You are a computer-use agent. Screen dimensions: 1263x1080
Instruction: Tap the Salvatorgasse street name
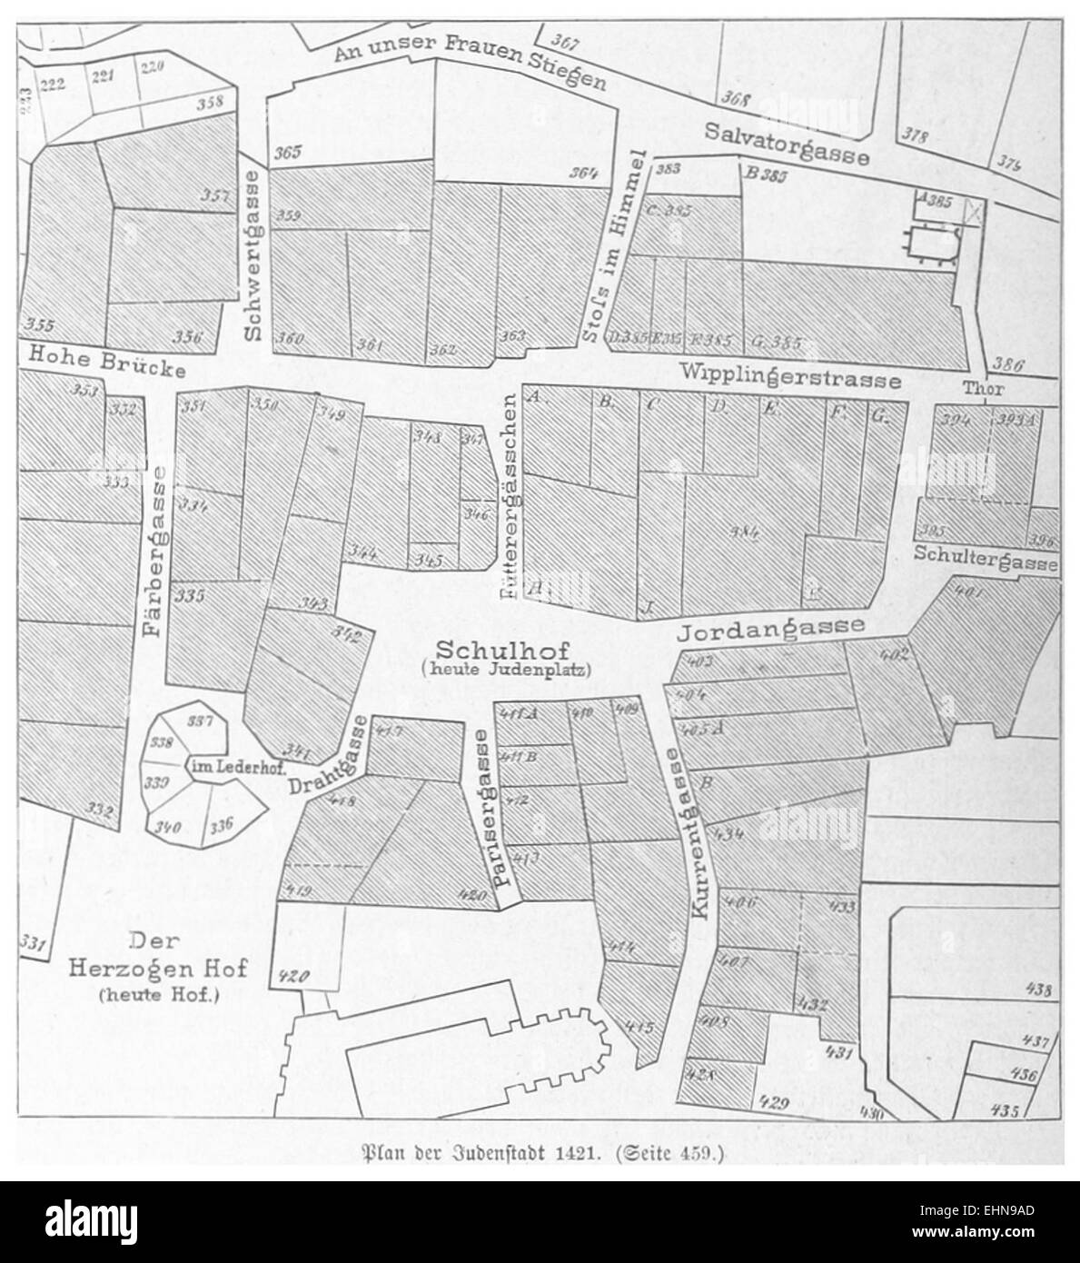[787, 144]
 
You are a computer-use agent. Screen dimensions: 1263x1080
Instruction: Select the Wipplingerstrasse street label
[789, 375]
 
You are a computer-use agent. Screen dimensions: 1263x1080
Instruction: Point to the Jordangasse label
[771, 629]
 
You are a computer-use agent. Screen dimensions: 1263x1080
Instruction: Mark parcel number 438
[1036, 990]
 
